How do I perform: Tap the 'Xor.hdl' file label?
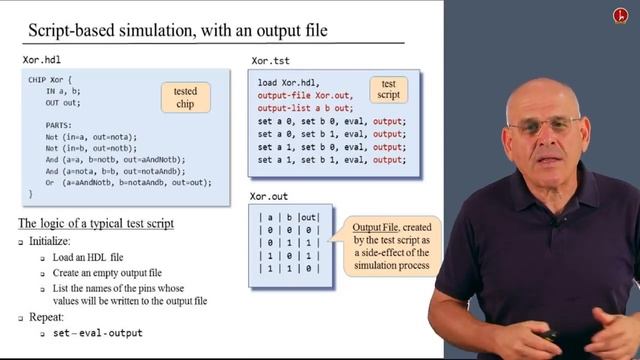click(x=43, y=61)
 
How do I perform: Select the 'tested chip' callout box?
click(x=185, y=98)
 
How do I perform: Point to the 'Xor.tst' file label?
click(x=271, y=61)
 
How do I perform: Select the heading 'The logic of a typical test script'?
click(x=97, y=222)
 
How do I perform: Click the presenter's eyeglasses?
click(x=542, y=124)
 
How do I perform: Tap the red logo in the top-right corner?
click(x=618, y=16)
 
